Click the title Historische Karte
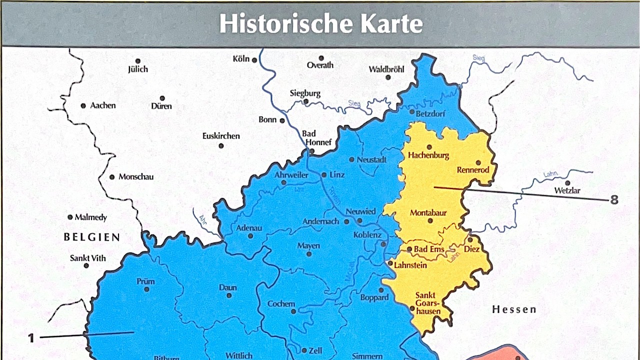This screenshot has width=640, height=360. pos(320,23)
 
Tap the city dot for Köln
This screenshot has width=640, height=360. pos(254,60)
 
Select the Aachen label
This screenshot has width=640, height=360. pos(102,105)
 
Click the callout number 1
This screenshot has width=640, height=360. pos(31,338)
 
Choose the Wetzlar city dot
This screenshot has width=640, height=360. pos(567,183)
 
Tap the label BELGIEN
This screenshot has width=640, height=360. pos(91,237)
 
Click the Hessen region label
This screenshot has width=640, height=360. pos(514,309)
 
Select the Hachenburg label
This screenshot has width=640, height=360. pos(429,155)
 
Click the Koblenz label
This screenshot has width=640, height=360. pos(367,235)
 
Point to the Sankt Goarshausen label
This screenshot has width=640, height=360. pos(428,303)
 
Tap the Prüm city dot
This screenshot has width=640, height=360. pos(146,289)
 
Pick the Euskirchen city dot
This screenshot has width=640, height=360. pos(221,146)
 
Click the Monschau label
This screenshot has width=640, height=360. pos(136,177)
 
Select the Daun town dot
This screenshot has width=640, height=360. pos(229,295)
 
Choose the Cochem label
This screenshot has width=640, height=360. pos(281,304)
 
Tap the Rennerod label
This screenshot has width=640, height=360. pos(473,170)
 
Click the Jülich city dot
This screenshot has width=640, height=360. pos(138,60)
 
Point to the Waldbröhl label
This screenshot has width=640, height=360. pos(386,69)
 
